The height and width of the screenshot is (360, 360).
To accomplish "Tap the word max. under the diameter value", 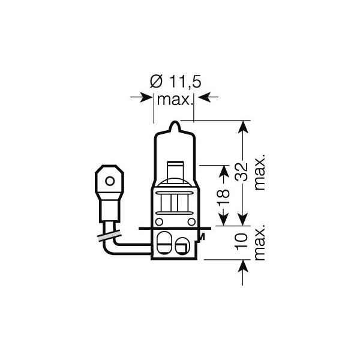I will click(x=174, y=98).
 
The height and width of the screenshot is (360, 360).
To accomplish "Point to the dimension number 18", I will click(x=223, y=196).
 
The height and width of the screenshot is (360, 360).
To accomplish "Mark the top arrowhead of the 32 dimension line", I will click(x=241, y=126).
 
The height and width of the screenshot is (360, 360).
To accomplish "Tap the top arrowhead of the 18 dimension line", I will click(x=223, y=169).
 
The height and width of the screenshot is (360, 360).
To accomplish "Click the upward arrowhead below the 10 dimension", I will click(x=241, y=265).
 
